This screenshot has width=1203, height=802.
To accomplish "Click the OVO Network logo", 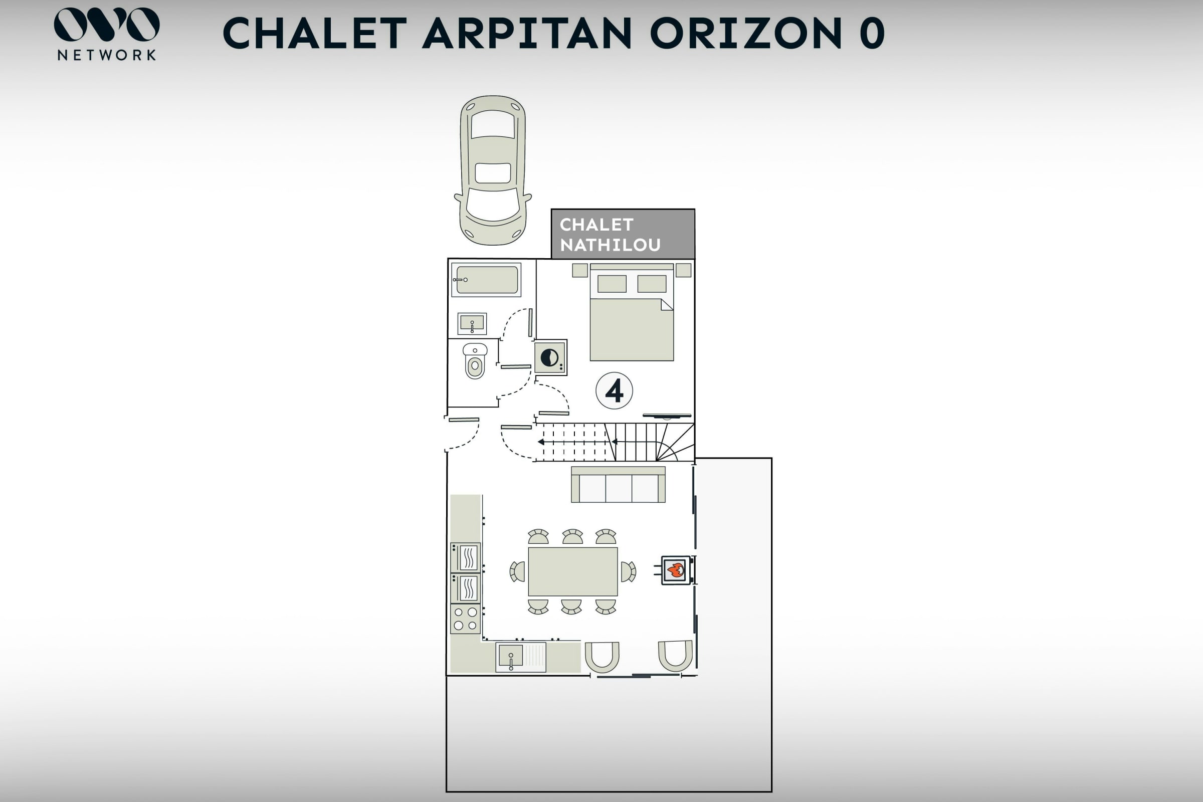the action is click(x=106, y=34).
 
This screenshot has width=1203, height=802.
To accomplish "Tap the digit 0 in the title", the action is click(x=872, y=33).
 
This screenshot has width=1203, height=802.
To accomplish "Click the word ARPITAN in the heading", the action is click(x=527, y=33).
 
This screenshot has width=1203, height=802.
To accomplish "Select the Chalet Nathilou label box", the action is click(x=623, y=234).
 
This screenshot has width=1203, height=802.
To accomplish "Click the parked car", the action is click(x=493, y=170).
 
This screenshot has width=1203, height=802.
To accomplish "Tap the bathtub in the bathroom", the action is click(x=486, y=280).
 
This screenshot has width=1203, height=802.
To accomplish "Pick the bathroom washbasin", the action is click(x=472, y=324).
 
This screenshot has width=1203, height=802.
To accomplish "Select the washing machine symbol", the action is click(x=551, y=357).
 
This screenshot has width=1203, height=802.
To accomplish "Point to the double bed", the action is click(x=632, y=312).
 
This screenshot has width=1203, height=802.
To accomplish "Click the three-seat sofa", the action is click(x=619, y=484).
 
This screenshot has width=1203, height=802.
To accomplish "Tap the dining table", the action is click(x=573, y=571).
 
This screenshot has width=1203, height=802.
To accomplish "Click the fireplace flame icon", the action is click(x=676, y=570).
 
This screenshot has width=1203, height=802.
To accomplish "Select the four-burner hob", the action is click(x=466, y=619).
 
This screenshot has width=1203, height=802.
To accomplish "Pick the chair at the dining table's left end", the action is click(x=518, y=572).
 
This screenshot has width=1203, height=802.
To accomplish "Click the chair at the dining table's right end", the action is click(x=629, y=572).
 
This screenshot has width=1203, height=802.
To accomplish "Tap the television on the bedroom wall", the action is click(x=667, y=416).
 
